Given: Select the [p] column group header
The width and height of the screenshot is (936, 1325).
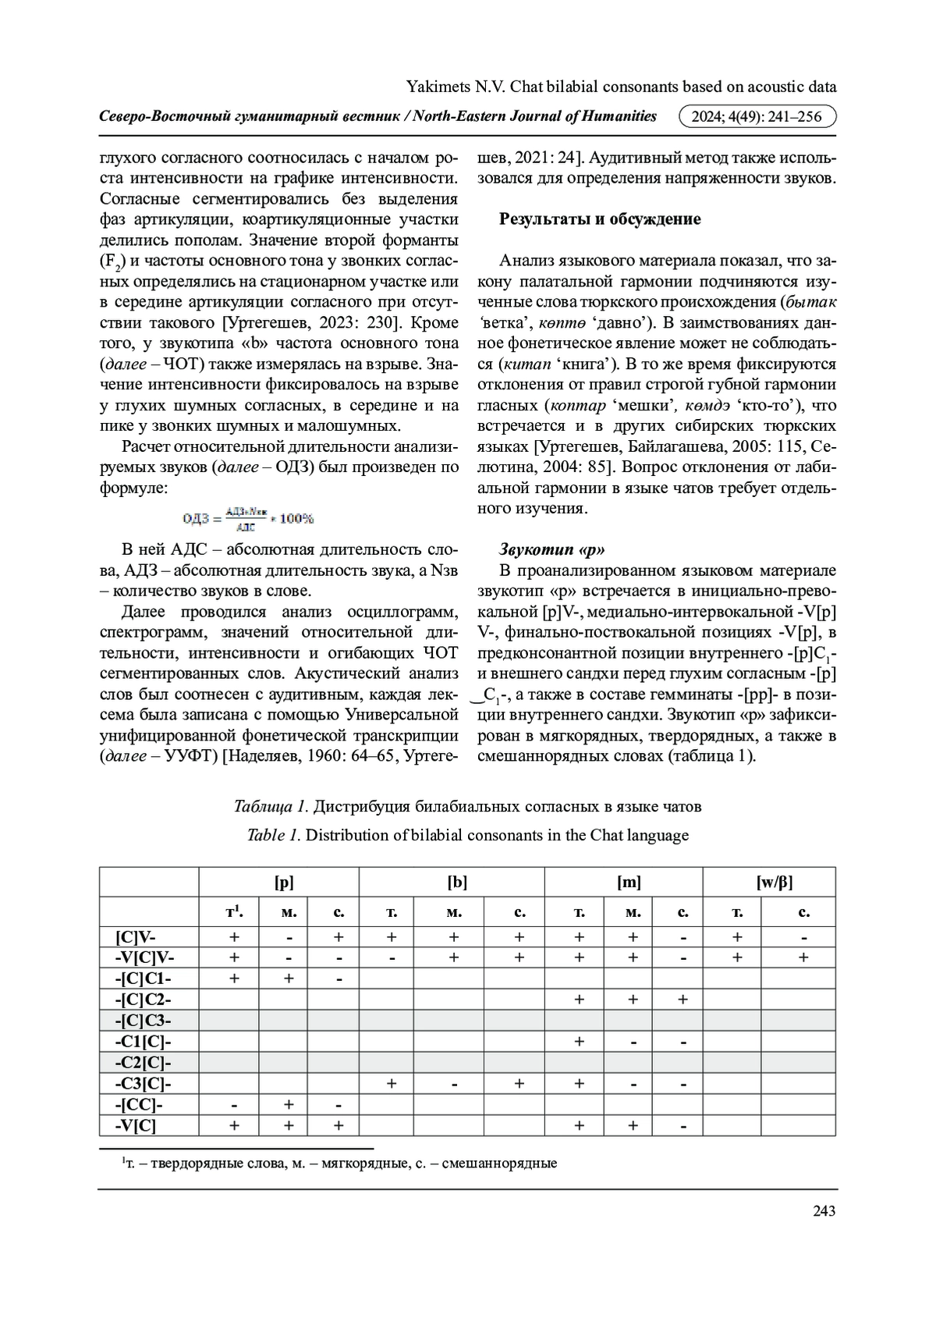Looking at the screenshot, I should point(284,883).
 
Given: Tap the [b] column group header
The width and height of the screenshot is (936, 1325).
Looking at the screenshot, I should point(457,883).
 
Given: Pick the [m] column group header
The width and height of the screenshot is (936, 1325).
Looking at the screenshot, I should point(629,883).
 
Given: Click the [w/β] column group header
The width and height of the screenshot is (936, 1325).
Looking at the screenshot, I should point(774,883).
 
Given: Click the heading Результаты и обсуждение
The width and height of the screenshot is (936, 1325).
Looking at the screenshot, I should point(600,219).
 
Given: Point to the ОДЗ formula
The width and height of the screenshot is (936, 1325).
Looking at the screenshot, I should point(248,517).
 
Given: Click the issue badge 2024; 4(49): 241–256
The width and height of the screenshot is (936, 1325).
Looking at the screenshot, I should point(757,117).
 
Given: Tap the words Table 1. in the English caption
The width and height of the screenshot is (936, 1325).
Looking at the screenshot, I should point(274,835).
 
